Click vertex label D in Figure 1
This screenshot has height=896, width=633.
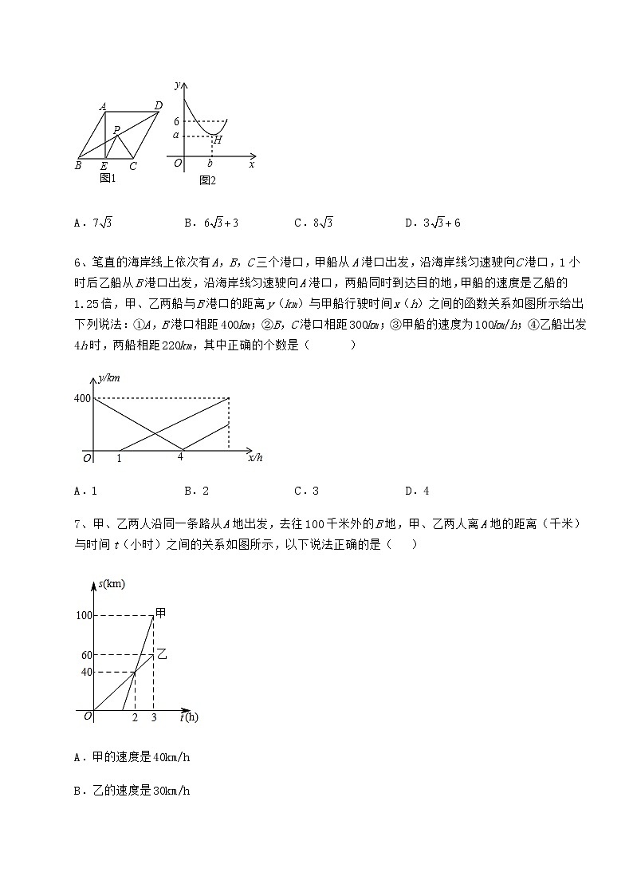(158, 105)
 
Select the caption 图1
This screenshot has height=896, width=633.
(108, 178)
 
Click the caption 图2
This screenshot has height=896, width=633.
(208, 180)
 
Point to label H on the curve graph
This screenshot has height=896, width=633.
(217, 140)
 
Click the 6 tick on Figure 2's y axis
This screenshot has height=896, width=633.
(175, 121)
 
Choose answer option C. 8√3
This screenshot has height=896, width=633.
(313, 223)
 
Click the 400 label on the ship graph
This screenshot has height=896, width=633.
(81, 397)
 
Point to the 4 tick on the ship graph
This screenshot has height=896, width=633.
(180, 457)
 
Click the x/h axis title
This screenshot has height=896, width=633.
(255, 457)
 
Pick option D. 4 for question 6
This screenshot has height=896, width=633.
(417, 491)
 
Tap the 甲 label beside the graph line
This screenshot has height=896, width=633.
(160, 612)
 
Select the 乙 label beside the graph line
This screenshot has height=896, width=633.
(161, 653)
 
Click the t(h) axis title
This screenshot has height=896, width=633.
(189, 717)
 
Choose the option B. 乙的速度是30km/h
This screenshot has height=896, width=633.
(132, 791)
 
